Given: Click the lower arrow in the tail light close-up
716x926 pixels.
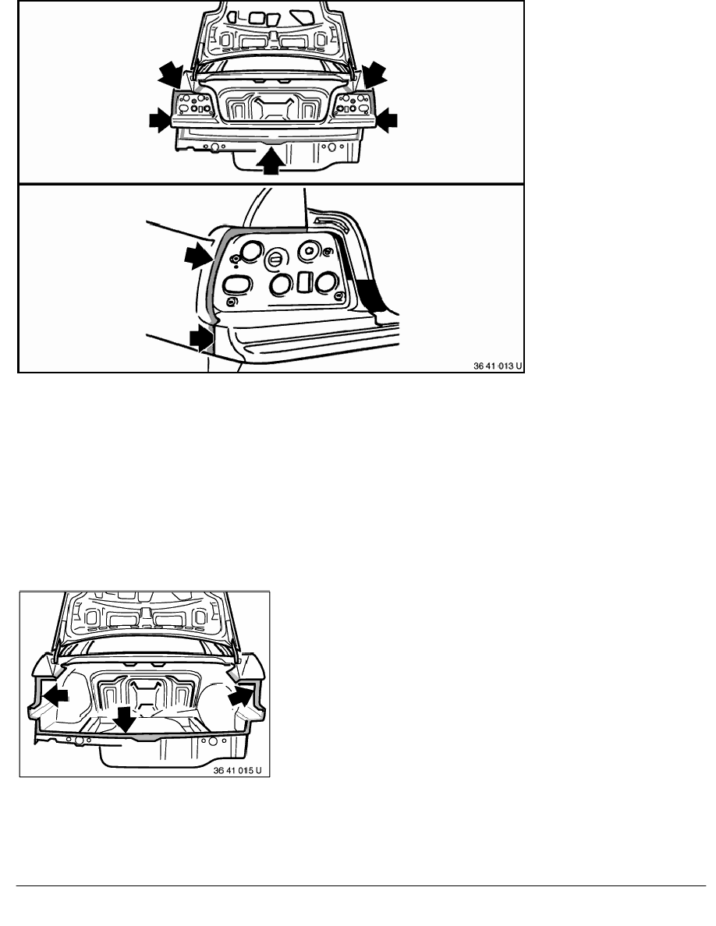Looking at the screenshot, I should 200,339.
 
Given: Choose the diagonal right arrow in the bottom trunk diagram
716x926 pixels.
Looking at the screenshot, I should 240,695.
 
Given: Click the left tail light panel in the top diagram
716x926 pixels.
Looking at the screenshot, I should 192,106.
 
